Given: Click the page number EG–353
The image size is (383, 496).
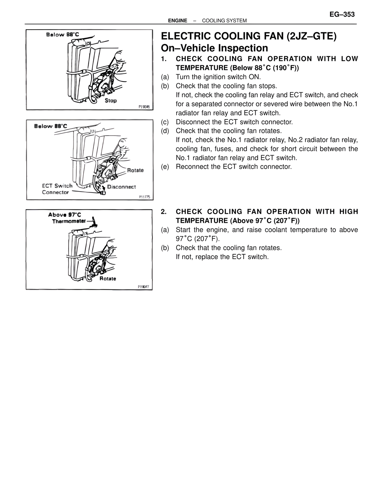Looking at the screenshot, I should click(x=342, y=15).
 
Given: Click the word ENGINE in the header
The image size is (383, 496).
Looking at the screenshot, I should click(x=177, y=21).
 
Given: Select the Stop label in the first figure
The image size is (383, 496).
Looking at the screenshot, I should click(x=111, y=101).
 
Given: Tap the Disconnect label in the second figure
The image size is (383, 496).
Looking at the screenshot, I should click(x=121, y=187).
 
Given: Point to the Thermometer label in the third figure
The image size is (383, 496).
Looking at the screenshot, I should click(x=69, y=221).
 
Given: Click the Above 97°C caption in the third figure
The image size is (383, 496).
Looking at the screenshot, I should click(x=65, y=215).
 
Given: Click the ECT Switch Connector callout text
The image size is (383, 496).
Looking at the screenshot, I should click(x=57, y=189).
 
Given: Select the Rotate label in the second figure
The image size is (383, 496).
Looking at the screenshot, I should click(x=135, y=170).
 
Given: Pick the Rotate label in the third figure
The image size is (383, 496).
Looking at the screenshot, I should click(x=108, y=279).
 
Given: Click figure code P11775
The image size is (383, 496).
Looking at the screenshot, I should click(x=144, y=197).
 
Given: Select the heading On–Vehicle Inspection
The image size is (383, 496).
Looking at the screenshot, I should click(x=214, y=48).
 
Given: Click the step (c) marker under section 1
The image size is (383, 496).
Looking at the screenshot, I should click(x=165, y=122).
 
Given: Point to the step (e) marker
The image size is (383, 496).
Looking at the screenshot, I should click(x=165, y=167).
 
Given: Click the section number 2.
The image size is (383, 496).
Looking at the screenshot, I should click(x=163, y=212).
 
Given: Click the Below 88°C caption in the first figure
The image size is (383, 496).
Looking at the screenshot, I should click(x=63, y=34).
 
